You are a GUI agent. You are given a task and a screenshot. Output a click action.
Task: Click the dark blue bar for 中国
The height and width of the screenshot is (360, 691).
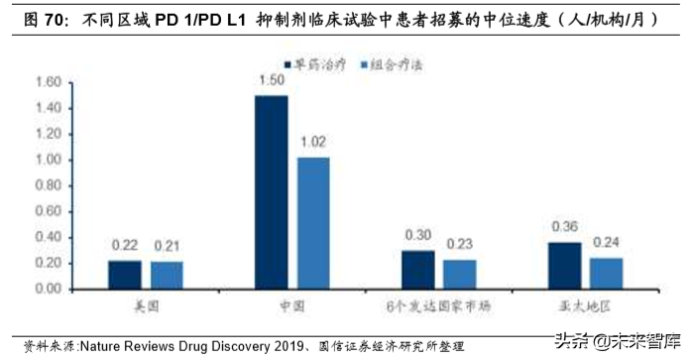click(x=271, y=192)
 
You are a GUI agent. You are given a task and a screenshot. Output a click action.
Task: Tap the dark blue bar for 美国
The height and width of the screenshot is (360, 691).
click(x=125, y=275)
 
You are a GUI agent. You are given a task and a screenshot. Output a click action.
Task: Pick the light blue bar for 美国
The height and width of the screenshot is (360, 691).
click(x=167, y=276)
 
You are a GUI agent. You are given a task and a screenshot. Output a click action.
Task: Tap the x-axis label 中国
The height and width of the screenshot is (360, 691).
click(x=291, y=306)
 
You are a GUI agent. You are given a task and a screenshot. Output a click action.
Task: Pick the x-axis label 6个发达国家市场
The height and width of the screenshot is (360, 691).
click(x=438, y=306)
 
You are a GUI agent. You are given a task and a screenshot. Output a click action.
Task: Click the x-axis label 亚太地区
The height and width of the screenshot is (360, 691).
click(x=585, y=306)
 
